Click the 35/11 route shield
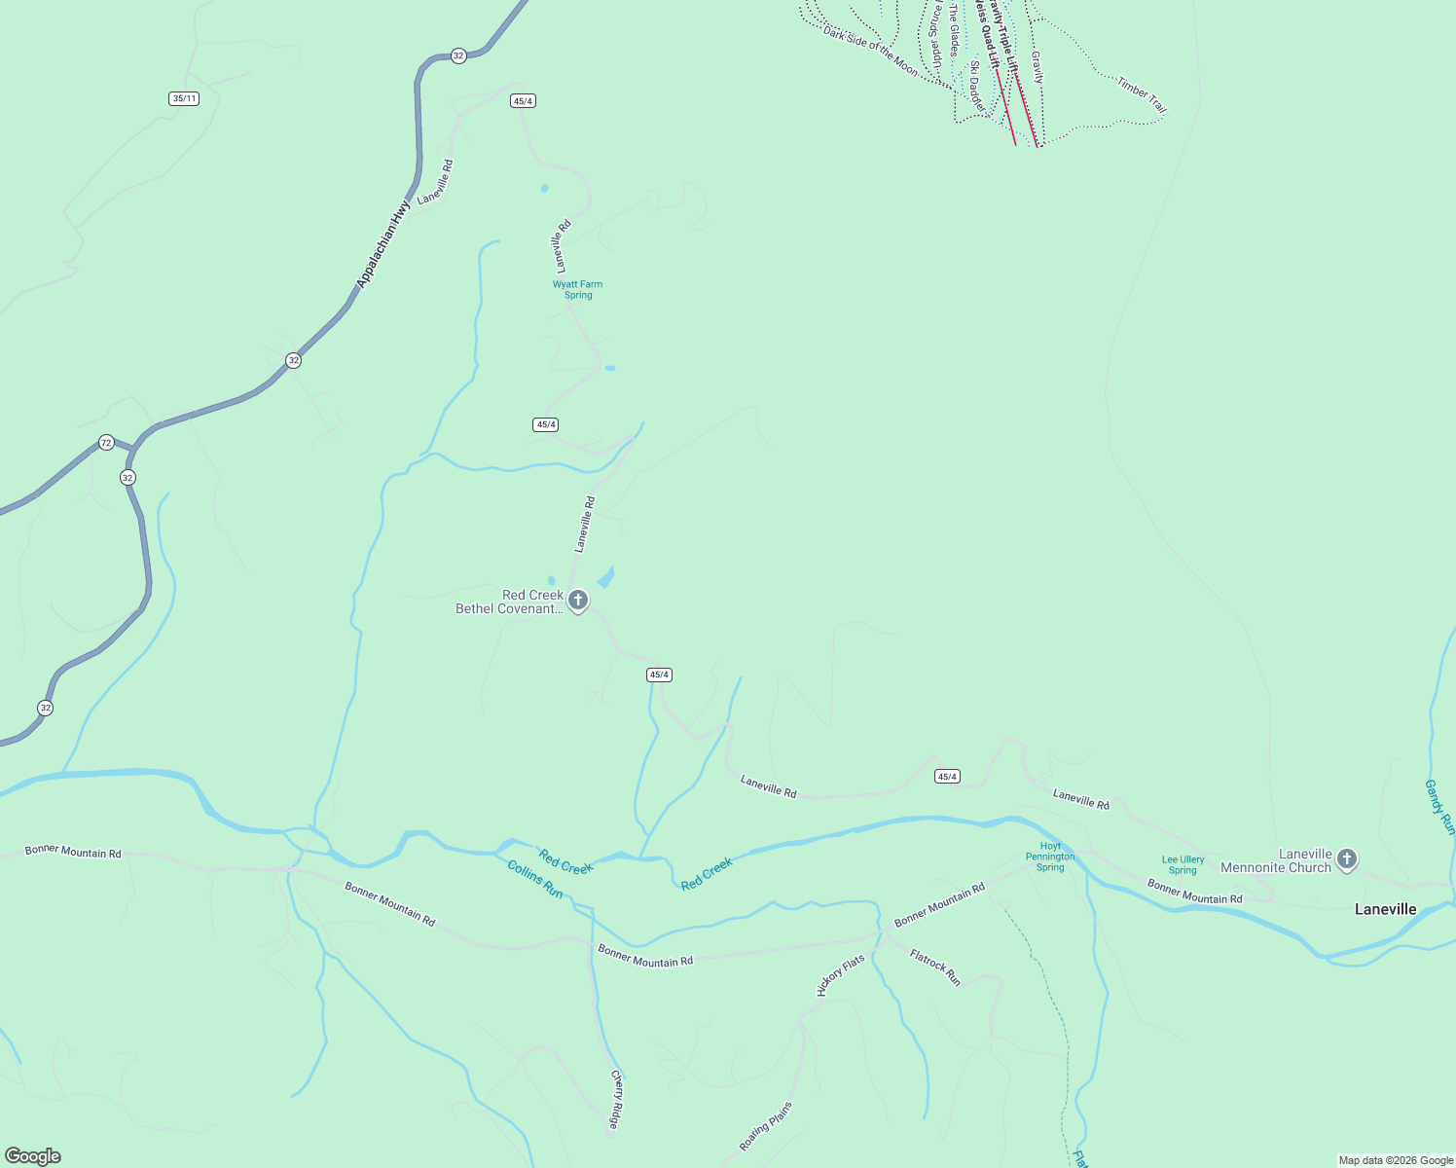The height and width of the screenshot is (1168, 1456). (184, 98)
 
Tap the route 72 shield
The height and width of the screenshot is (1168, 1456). (106, 443)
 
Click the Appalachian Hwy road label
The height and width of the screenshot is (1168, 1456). (383, 244)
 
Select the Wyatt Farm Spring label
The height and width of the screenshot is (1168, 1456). (577, 289)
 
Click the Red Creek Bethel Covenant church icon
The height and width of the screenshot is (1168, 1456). (578, 600)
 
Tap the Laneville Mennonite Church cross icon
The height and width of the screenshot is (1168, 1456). (1346, 858)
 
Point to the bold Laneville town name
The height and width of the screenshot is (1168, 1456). (1385, 909)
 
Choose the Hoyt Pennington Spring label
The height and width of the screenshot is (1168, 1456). (1050, 857)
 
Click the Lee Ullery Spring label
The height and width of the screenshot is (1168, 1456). (1183, 864)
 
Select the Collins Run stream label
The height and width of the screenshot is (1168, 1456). (535, 879)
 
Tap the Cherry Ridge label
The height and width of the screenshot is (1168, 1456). (616, 1100)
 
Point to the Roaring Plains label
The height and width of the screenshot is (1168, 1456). (766, 1126)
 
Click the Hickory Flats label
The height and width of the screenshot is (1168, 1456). (841, 975)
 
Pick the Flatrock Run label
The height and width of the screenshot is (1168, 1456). (935, 967)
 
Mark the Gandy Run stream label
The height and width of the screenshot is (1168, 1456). (1438, 806)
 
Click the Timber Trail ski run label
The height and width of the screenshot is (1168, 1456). (1141, 94)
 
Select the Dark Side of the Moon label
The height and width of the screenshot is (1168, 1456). (870, 52)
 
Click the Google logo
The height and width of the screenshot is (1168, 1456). (33, 1156)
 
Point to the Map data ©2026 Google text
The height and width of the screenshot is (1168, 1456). (1396, 1160)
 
